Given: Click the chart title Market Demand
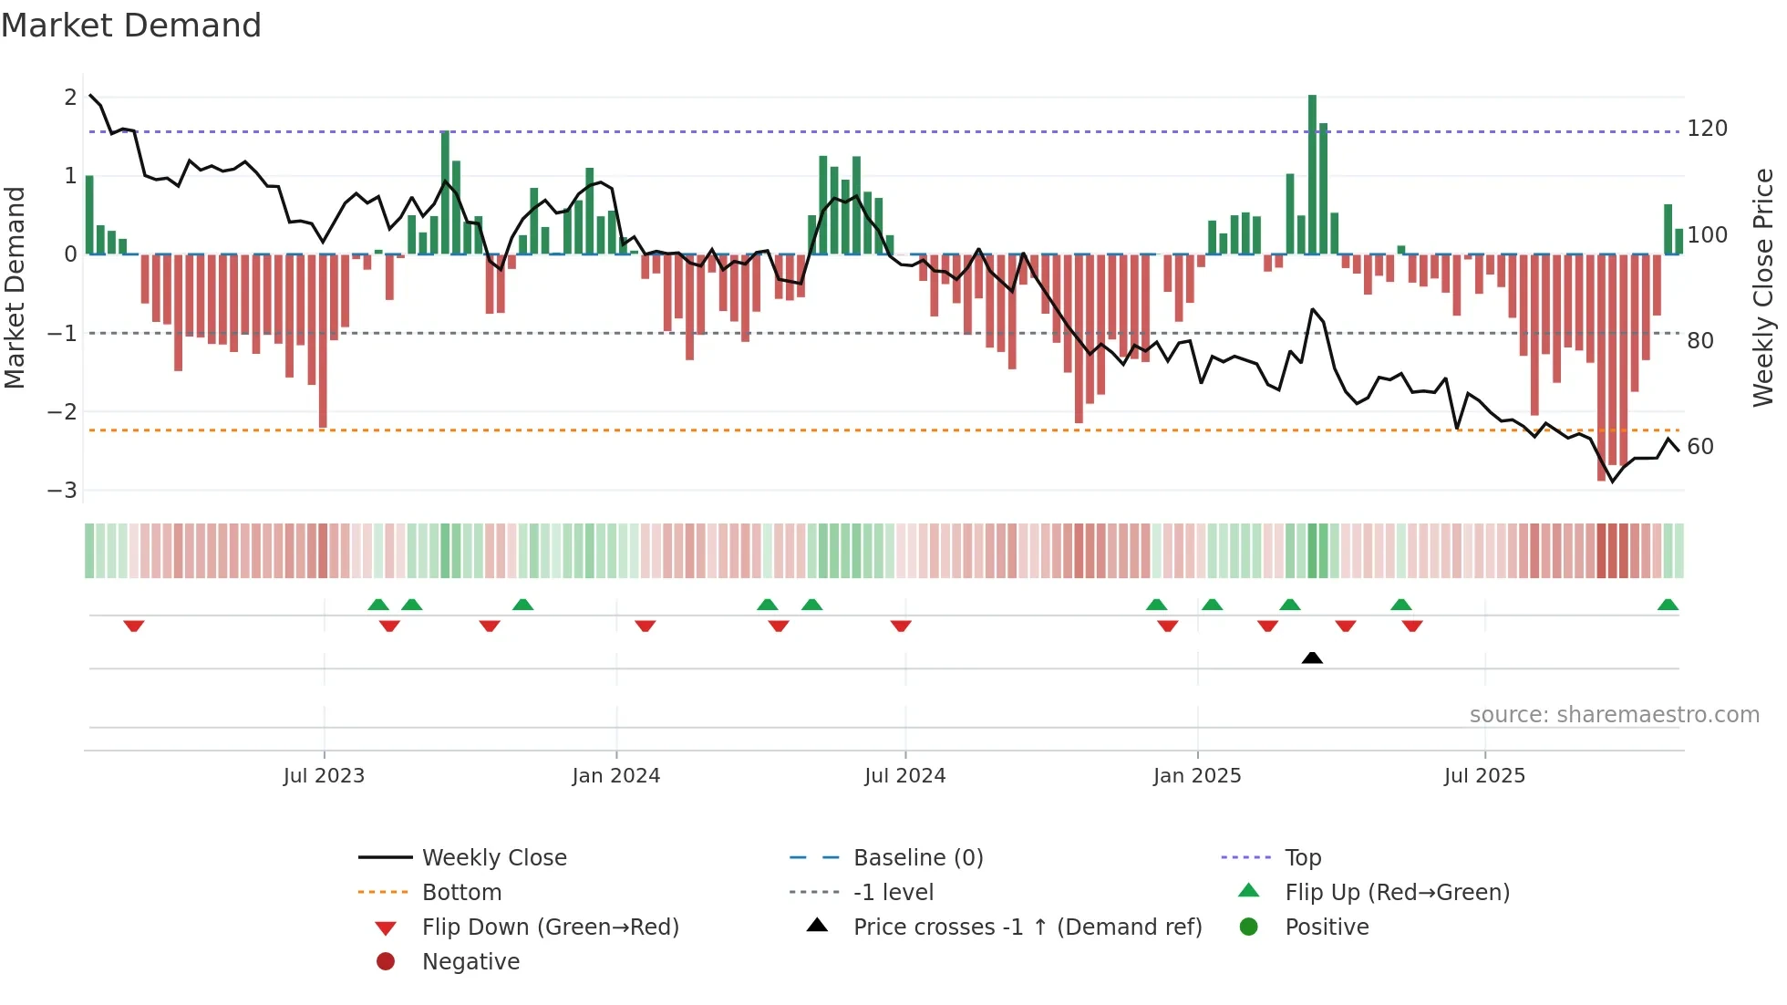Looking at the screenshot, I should (x=131, y=26).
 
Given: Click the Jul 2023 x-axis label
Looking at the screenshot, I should (x=324, y=776).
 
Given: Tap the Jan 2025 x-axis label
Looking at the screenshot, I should (x=1196, y=776).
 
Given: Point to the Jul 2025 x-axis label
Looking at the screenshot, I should (x=1484, y=776).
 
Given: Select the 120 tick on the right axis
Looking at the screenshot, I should (x=1707, y=129).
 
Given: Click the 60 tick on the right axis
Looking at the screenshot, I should (x=1700, y=447).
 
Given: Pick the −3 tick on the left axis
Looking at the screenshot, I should (x=62, y=491).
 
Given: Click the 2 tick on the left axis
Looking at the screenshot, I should (x=70, y=98).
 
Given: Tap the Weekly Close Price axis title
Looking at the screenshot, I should (x=1763, y=287).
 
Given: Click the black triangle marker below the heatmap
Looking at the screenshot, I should (x=1312, y=658).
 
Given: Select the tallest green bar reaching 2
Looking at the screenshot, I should (x=1312, y=173).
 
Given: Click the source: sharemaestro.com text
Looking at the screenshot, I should (x=1614, y=715).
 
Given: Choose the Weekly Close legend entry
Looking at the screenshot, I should (x=493, y=858).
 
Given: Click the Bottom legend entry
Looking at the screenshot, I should (x=461, y=893).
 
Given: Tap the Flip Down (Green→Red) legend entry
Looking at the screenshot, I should (x=550, y=927).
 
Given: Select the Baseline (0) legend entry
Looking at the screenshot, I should (x=917, y=858).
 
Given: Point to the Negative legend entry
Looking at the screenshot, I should (x=470, y=962).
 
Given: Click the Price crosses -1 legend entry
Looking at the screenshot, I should (x=1027, y=927).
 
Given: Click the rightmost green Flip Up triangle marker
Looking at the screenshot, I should (x=1668, y=605).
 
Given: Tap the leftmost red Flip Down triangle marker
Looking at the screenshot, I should (x=134, y=626).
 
